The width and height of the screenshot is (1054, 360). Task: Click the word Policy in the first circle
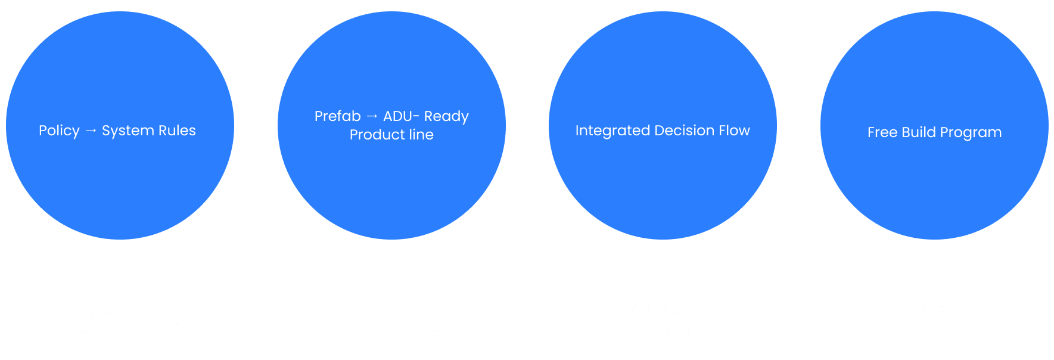tap(59, 131)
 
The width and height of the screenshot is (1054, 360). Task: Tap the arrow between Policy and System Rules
tap(91, 131)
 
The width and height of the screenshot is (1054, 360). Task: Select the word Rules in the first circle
tap(177, 131)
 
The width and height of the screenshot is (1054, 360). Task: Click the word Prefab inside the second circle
tap(337, 116)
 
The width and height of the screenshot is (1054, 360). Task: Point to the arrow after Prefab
tap(372, 116)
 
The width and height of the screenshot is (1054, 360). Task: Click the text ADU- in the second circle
tap(401, 116)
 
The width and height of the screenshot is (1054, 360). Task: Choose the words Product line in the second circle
tap(391, 135)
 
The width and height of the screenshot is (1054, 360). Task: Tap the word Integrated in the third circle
tap(612, 131)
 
